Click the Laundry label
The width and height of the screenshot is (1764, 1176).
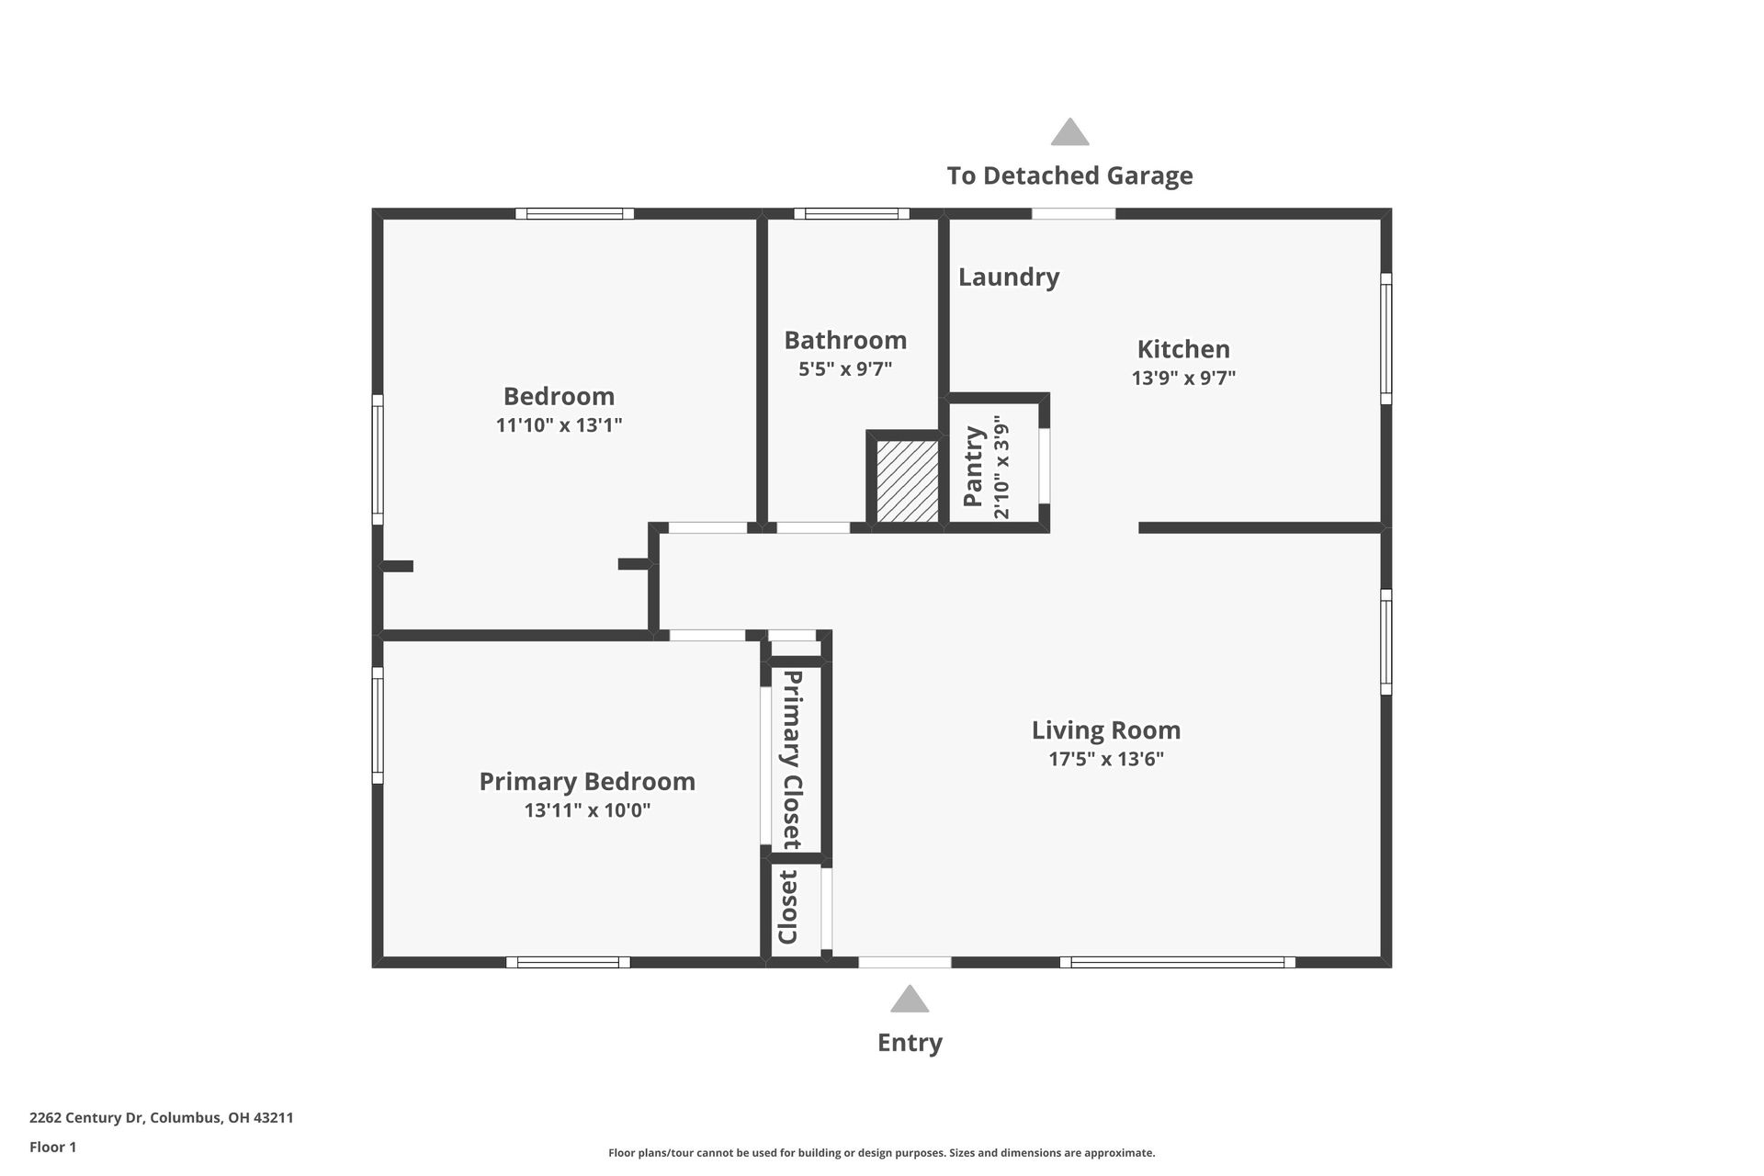1009,277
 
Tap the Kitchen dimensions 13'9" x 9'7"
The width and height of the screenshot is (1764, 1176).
1183,378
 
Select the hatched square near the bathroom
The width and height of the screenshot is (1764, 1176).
907,482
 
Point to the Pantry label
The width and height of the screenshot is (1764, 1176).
973,466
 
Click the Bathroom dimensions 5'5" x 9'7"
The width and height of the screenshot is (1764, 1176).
845,369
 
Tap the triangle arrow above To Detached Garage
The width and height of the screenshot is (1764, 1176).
1069,133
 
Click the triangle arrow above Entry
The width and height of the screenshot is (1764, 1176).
910,1000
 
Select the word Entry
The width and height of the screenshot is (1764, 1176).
910,1043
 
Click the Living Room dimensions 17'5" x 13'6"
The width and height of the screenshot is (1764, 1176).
1106,759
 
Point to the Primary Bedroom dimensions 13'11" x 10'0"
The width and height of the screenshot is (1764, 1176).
587,810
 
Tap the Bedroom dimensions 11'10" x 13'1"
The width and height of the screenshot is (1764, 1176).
559,425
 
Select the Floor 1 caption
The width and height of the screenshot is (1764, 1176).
52,1147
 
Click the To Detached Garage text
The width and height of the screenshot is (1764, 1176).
1069,175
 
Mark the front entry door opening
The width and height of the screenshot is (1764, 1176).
905,962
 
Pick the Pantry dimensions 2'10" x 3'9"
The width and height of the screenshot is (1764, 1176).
1001,468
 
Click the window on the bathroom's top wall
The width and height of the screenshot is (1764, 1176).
852,214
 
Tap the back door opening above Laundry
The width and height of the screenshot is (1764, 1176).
1073,214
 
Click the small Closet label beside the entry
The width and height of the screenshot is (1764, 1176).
788,908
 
